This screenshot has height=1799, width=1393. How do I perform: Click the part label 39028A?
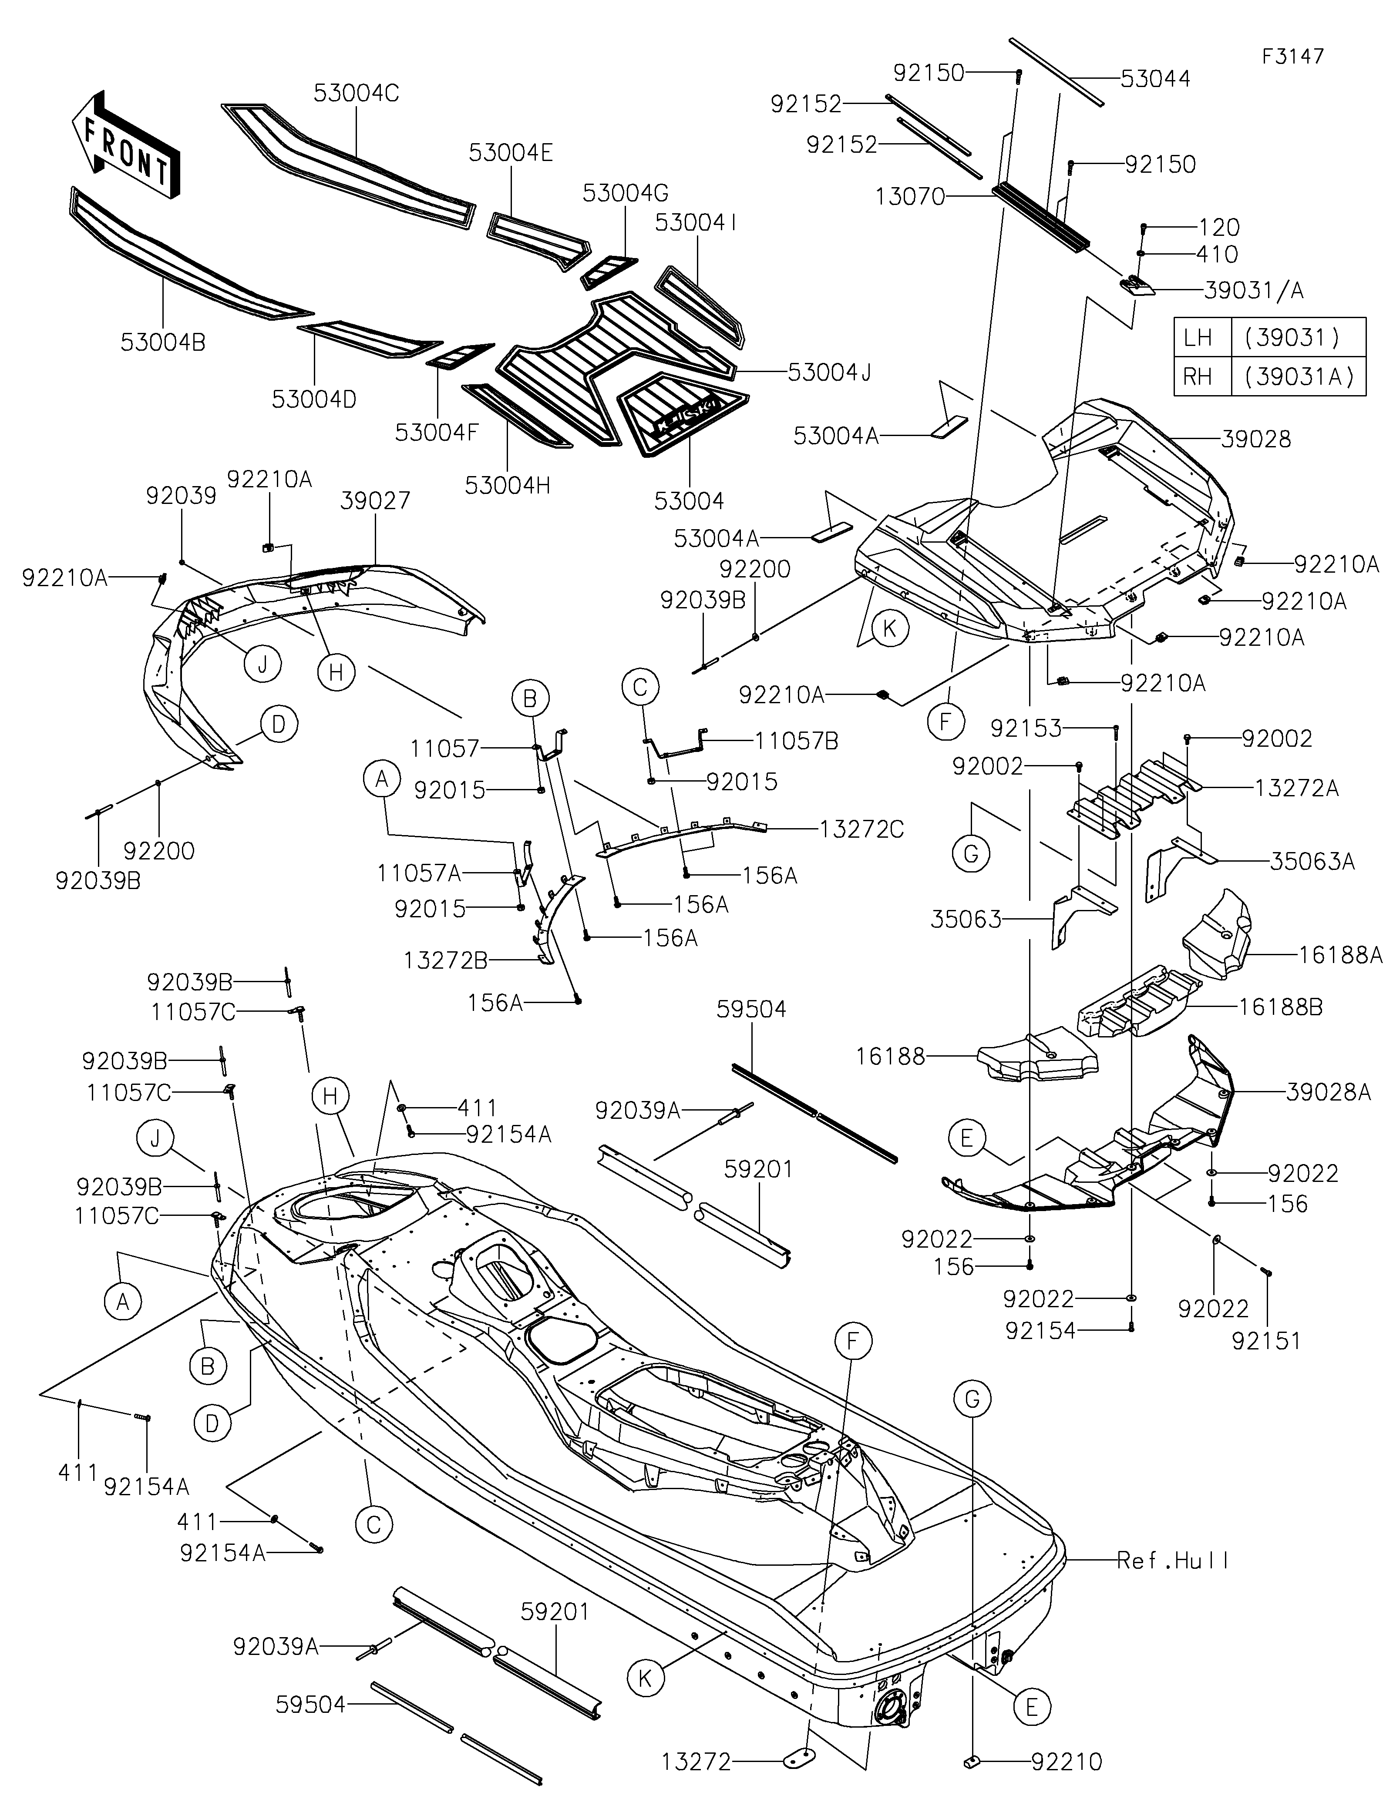coord(1328,1092)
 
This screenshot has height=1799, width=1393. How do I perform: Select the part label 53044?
coord(1155,79)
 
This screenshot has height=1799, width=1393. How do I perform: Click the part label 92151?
coord(1266,1341)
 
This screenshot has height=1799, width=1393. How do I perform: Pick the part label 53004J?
coord(829,373)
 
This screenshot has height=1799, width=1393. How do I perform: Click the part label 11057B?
coord(797,742)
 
